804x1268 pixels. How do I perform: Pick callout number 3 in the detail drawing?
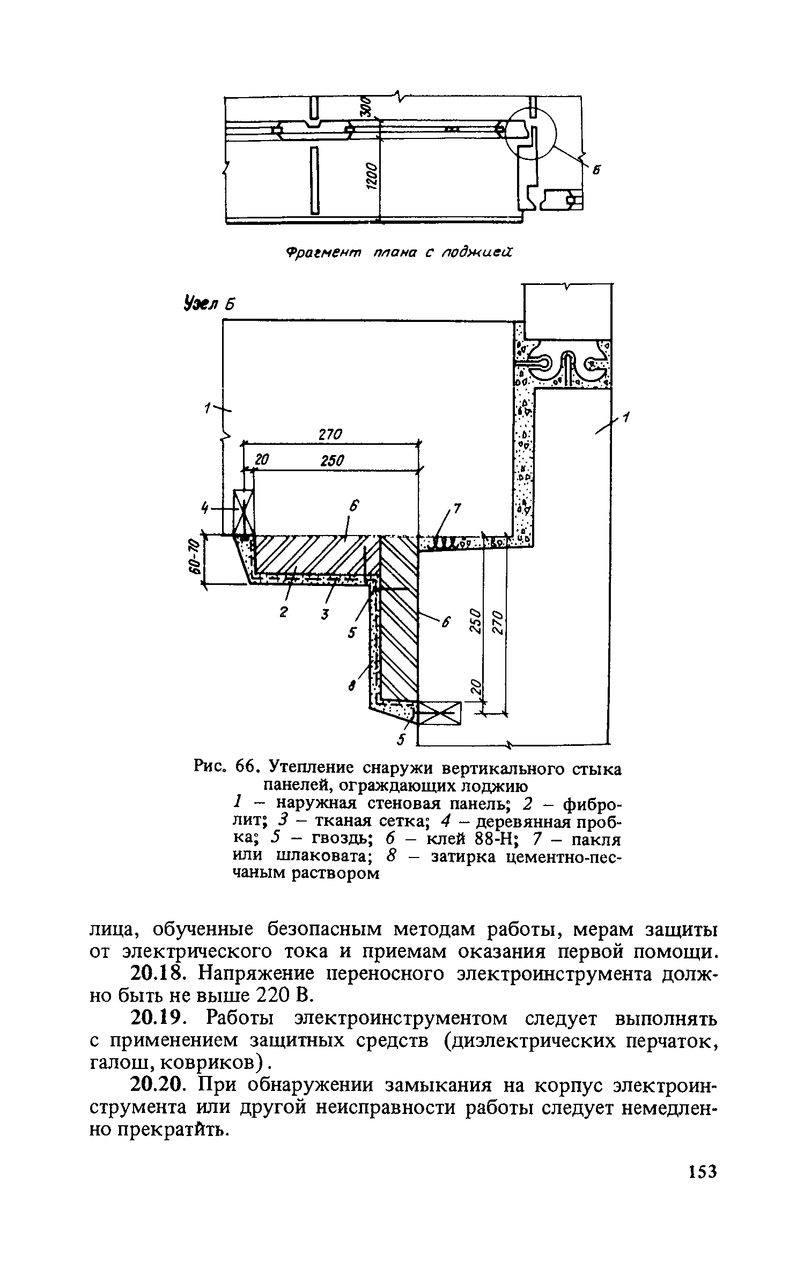[x=324, y=614]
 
